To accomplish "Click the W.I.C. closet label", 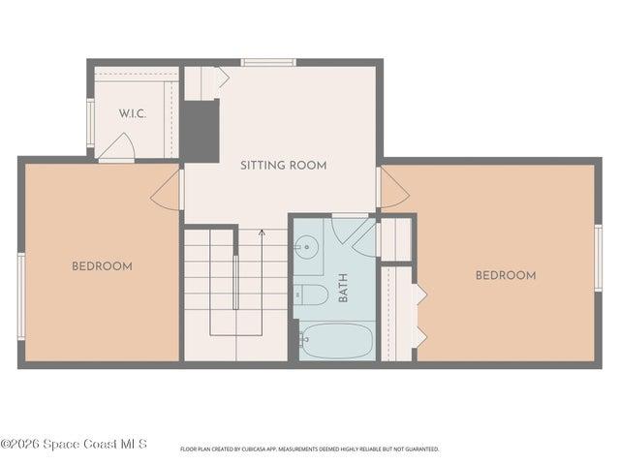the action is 133,114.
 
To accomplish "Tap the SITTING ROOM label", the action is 284,166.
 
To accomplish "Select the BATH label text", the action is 343,288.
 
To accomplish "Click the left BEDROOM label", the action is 102,266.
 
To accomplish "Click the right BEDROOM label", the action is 506,275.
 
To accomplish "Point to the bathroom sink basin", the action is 307,247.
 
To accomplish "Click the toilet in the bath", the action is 311,294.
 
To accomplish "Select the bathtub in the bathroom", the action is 336,341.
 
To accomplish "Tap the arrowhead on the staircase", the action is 262,232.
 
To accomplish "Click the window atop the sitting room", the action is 268,62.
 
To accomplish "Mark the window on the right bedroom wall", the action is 599,259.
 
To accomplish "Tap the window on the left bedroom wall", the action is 21,296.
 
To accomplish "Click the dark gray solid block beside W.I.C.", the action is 201,132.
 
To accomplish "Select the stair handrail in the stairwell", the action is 235,282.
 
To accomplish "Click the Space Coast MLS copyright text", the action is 74,444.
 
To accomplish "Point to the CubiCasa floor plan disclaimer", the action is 310,449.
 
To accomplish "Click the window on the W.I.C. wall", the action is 90,123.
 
